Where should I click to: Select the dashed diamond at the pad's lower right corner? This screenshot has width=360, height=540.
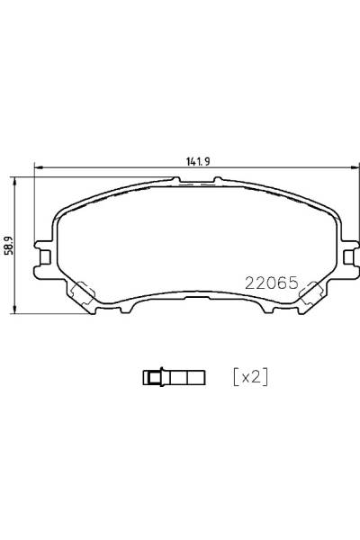311,292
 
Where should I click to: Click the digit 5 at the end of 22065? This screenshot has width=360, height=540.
293,281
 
